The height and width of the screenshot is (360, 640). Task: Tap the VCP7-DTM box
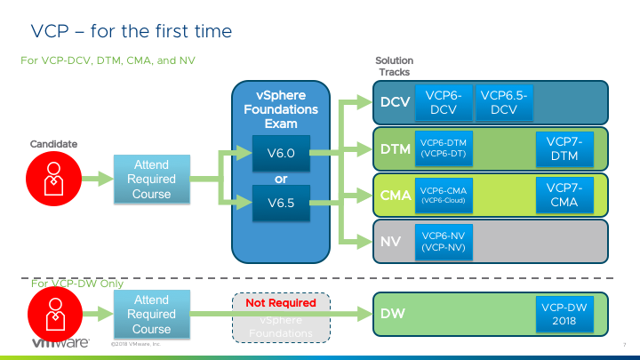564,148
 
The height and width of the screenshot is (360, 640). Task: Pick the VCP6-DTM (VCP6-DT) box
444,148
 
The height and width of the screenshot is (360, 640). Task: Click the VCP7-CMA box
564,195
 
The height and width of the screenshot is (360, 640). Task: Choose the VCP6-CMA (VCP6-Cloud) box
444,195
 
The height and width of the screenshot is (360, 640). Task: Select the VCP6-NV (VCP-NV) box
444,241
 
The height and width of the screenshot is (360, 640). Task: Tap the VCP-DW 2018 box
564,314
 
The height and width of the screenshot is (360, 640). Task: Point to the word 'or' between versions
281,178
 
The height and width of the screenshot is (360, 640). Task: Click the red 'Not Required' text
281,303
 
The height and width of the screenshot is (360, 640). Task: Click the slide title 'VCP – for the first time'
132,31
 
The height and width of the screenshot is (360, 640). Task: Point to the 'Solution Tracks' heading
396,66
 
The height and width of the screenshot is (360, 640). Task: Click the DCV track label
394,102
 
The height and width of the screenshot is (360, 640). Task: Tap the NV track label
390,241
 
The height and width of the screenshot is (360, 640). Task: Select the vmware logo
58,343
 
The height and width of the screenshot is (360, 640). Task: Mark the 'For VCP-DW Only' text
77,284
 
